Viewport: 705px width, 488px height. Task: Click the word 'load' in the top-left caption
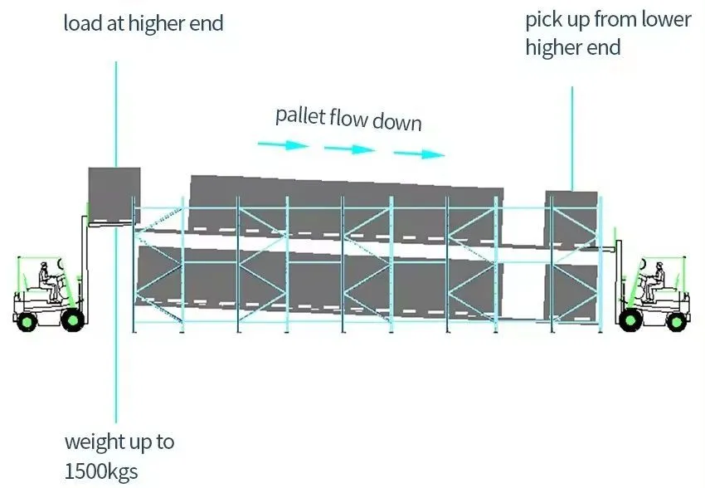(81, 22)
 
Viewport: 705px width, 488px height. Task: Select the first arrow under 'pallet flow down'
(284, 145)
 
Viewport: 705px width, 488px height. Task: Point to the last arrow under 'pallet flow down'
(419, 154)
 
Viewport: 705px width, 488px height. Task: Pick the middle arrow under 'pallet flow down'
(350, 149)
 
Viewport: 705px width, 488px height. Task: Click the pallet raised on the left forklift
(114, 194)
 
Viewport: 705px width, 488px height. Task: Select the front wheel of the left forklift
(73, 319)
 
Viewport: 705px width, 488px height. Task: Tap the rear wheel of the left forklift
(28, 319)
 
